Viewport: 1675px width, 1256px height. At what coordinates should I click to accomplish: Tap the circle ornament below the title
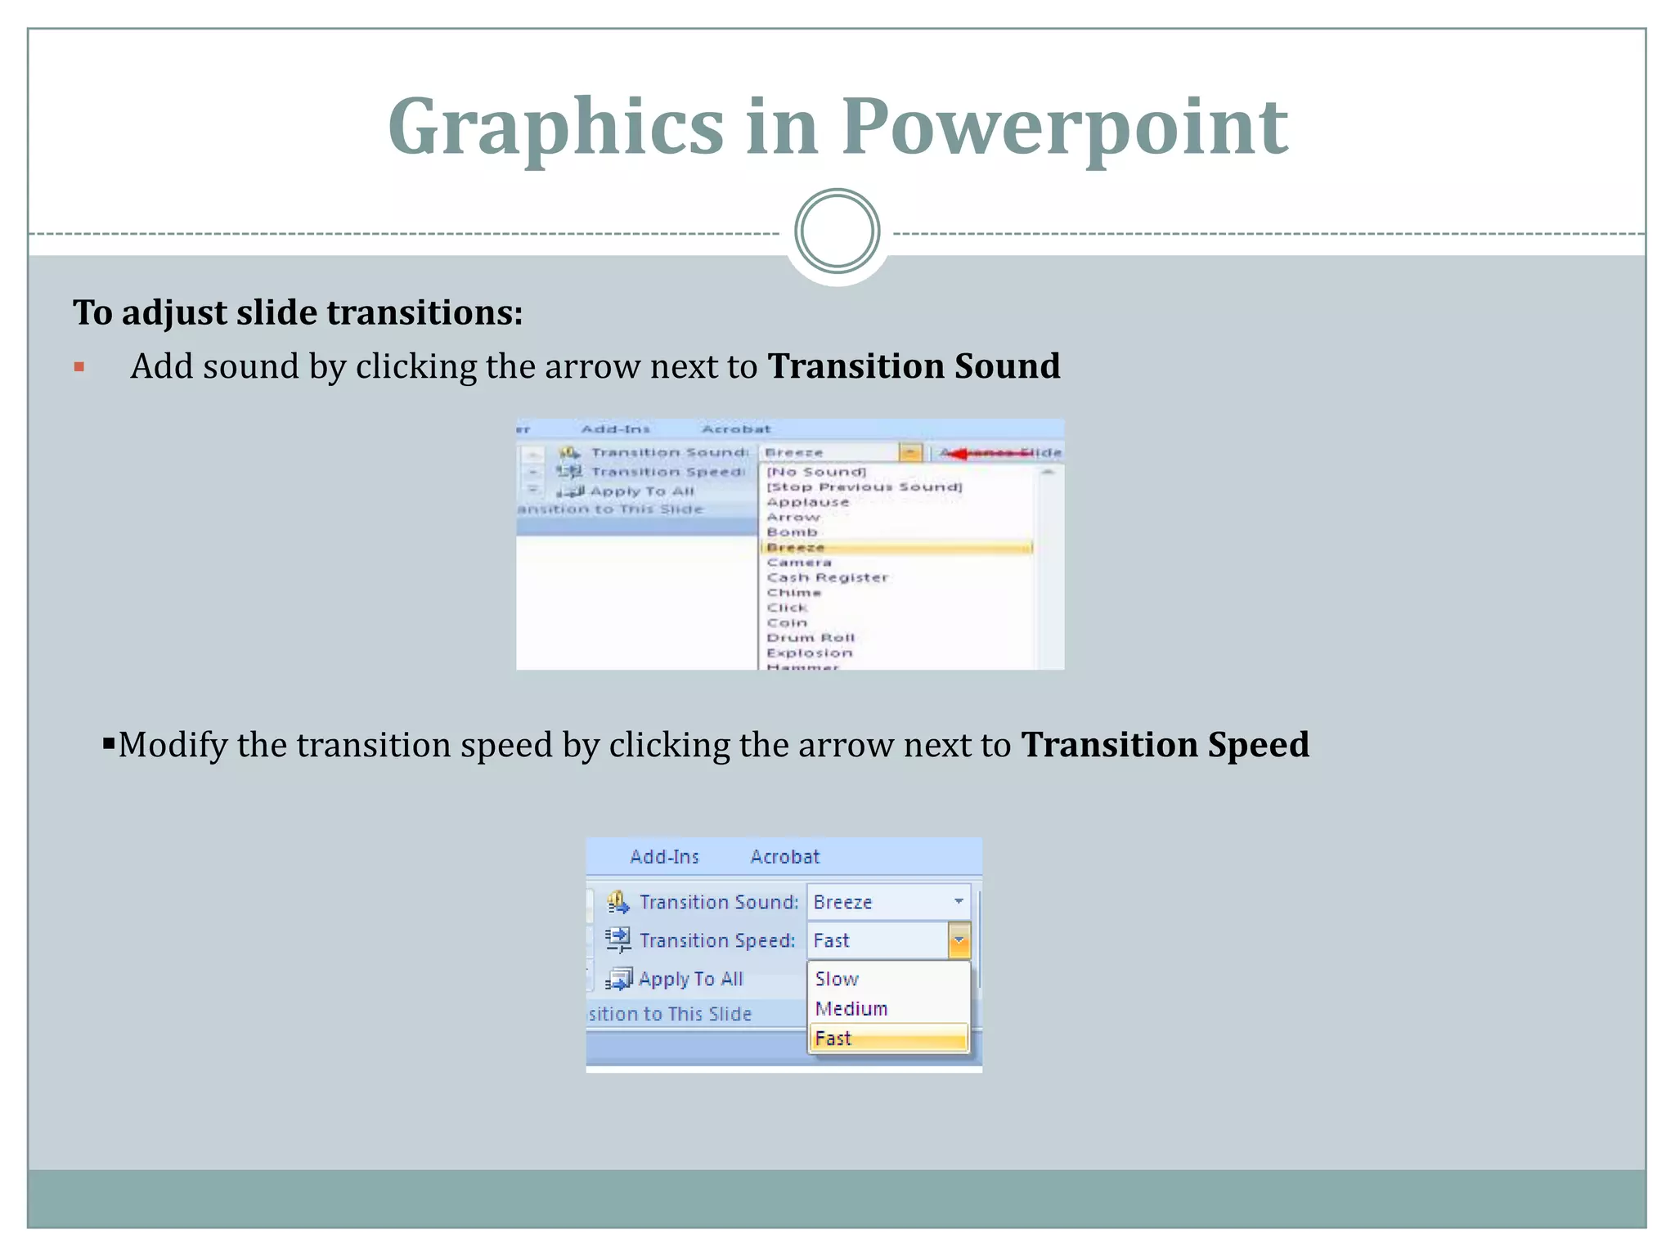pos(837,231)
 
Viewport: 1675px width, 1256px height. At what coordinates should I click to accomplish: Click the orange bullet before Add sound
pos(79,367)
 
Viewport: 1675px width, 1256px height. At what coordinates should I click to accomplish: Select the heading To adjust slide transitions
pos(298,312)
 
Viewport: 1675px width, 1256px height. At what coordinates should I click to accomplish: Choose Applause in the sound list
pos(807,502)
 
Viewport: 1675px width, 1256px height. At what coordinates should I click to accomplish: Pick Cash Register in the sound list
pos(827,577)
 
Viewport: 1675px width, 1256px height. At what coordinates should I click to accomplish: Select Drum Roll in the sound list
pos(811,638)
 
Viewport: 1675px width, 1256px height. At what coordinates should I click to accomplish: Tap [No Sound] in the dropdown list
pos(815,472)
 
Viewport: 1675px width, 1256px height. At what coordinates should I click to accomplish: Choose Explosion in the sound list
pos(809,653)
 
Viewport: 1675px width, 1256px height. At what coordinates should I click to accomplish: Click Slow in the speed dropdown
pos(837,979)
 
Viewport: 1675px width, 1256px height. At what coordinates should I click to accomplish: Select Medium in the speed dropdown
pos(851,1009)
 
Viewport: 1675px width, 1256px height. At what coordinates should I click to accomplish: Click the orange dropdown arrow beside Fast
pos(959,940)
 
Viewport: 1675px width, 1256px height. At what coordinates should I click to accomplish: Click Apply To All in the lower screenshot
pos(689,979)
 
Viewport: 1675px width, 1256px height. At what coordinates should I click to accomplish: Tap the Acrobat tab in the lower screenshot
pos(784,857)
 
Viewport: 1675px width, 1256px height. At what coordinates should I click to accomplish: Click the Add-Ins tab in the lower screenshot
pos(664,857)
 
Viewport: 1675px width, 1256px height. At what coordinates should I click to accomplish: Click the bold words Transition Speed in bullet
pos(1165,745)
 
